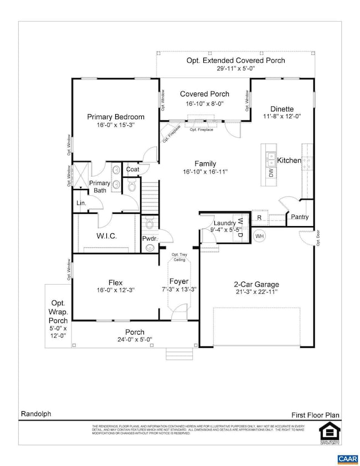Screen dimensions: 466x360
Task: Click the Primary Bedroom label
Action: coord(116,117)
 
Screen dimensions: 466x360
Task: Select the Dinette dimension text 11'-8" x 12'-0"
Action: coord(281,117)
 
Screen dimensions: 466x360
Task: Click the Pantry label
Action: coord(299,217)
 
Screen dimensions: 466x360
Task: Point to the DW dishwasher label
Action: coord(271,173)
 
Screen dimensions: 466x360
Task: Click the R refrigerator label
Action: coord(259,218)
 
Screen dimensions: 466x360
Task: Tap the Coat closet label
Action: coord(132,170)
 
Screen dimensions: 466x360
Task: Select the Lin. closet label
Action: coord(81,203)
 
